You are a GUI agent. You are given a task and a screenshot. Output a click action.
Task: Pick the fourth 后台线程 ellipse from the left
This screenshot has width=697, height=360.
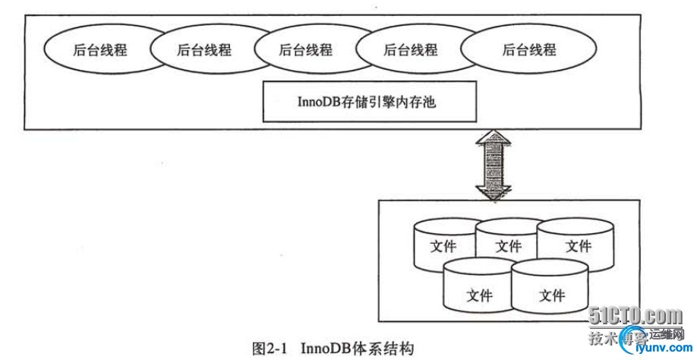coord(410,51)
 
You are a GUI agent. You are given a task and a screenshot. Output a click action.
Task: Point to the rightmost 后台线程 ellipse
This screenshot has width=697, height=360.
coord(528,51)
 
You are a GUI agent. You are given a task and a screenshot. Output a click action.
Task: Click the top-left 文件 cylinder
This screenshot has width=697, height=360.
coord(443,246)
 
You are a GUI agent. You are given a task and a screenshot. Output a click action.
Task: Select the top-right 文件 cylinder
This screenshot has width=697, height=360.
coord(577,246)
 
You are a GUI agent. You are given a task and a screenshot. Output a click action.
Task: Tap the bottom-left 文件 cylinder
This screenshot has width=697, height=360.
coord(478,292)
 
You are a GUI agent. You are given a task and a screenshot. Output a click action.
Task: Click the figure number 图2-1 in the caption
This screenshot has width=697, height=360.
coord(270,349)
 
